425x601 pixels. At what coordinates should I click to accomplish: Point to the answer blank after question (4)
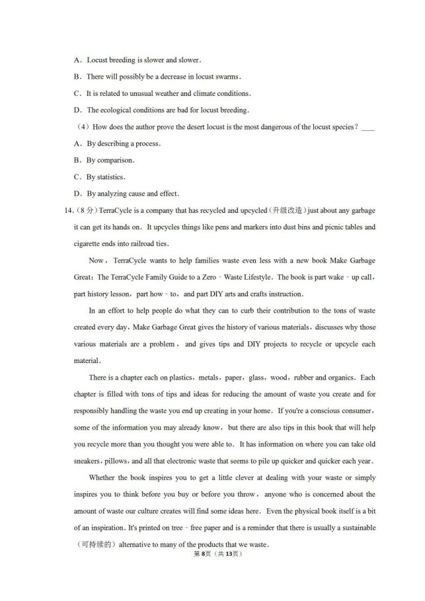pyautogui.click(x=368, y=127)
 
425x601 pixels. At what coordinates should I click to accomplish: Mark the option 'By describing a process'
pyautogui.click(x=124, y=143)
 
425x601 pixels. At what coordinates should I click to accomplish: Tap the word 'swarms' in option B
pyautogui.click(x=225, y=77)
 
